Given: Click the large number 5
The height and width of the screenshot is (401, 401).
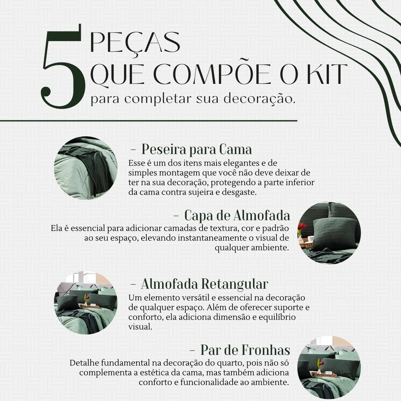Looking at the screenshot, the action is point(63,67).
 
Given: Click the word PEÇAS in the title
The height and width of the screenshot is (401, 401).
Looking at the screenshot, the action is point(135,43).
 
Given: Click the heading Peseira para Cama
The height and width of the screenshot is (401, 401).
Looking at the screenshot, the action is point(196,149).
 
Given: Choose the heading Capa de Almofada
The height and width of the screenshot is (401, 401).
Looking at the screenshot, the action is point(237,215).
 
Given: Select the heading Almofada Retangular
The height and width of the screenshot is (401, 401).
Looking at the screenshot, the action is point(205,284).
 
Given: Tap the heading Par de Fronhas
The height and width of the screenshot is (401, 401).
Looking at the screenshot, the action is point(245,350).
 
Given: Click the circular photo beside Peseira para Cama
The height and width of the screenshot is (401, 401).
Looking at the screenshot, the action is point(86,168).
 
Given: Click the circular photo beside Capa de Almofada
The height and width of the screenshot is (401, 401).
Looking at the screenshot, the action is point(329,233).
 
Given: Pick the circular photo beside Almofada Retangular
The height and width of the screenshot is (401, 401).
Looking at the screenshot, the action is point(86,303).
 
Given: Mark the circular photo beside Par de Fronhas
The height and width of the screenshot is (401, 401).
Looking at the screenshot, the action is point(329,367).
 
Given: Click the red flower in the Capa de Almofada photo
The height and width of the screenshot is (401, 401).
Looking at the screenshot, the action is point(302,226).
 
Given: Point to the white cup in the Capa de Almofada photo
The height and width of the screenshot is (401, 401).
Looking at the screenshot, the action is point(310,239).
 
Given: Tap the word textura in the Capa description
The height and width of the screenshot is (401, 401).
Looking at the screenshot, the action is point(225,228).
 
